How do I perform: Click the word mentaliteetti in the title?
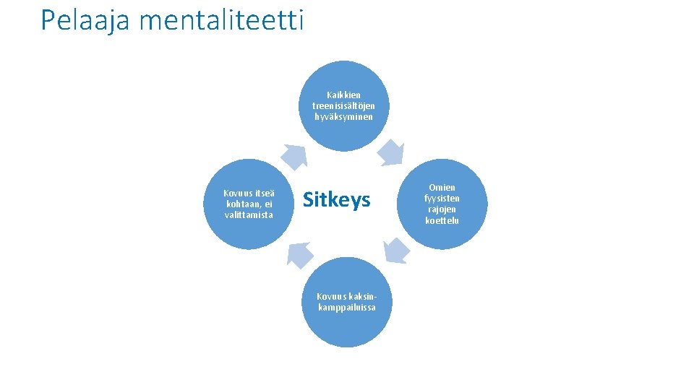click(x=221, y=20)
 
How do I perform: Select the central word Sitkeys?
click(x=336, y=199)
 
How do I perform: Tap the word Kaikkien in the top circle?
click(x=343, y=95)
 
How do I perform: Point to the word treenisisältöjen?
click(x=343, y=105)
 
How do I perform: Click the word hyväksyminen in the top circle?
click(x=343, y=116)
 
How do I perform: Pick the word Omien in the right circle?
click(x=442, y=188)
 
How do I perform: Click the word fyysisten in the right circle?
click(x=442, y=199)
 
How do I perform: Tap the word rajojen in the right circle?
click(x=442, y=209)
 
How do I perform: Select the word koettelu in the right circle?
click(x=442, y=220)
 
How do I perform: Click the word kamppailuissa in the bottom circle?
click(x=346, y=307)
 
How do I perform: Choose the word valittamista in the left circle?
click(x=249, y=214)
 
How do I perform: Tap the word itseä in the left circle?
click(x=263, y=193)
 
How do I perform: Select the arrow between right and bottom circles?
click(x=395, y=250)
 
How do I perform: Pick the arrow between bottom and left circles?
click(x=300, y=253)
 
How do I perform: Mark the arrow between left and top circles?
click(x=294, y=155)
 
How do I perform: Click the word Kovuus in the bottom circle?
click(x=332, y=296)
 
